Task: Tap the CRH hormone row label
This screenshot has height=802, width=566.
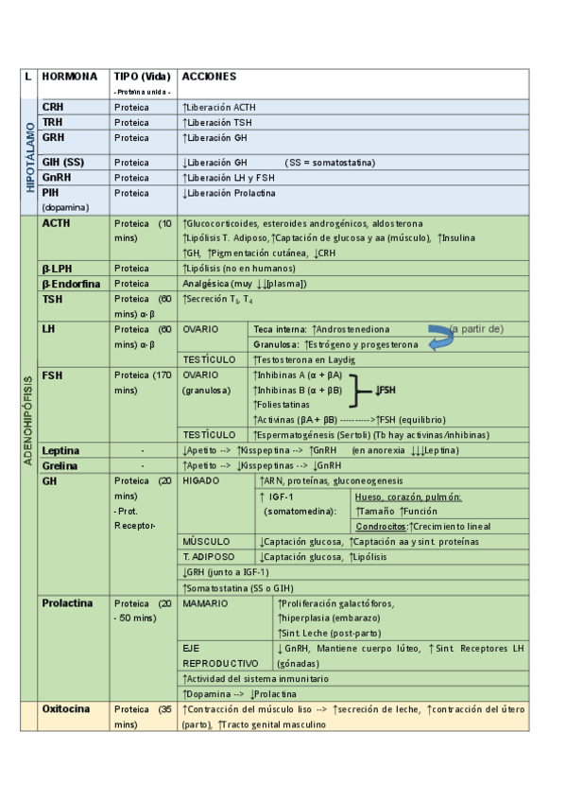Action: tap(53, 107)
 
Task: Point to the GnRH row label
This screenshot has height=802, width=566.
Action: tap(57, 177)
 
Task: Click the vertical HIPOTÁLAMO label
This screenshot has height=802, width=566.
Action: tap(30, 156)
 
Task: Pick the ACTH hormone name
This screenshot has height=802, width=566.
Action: tap(56, 223)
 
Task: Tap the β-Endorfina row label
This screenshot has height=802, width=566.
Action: tap(71, 283)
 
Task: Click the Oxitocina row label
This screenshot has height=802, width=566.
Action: tap(66, 708)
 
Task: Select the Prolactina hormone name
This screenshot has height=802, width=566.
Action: tap(67, 602)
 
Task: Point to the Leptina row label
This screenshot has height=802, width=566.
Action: tap(60, 450)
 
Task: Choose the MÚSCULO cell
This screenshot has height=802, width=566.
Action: tap(205, 541)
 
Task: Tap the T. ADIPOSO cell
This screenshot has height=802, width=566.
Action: tap(209, 556)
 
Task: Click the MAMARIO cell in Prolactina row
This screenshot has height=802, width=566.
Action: tap(205, 602)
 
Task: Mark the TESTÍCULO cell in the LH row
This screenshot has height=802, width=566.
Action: tap(209, 359)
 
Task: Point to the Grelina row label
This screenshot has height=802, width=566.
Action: tap(59, 465)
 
